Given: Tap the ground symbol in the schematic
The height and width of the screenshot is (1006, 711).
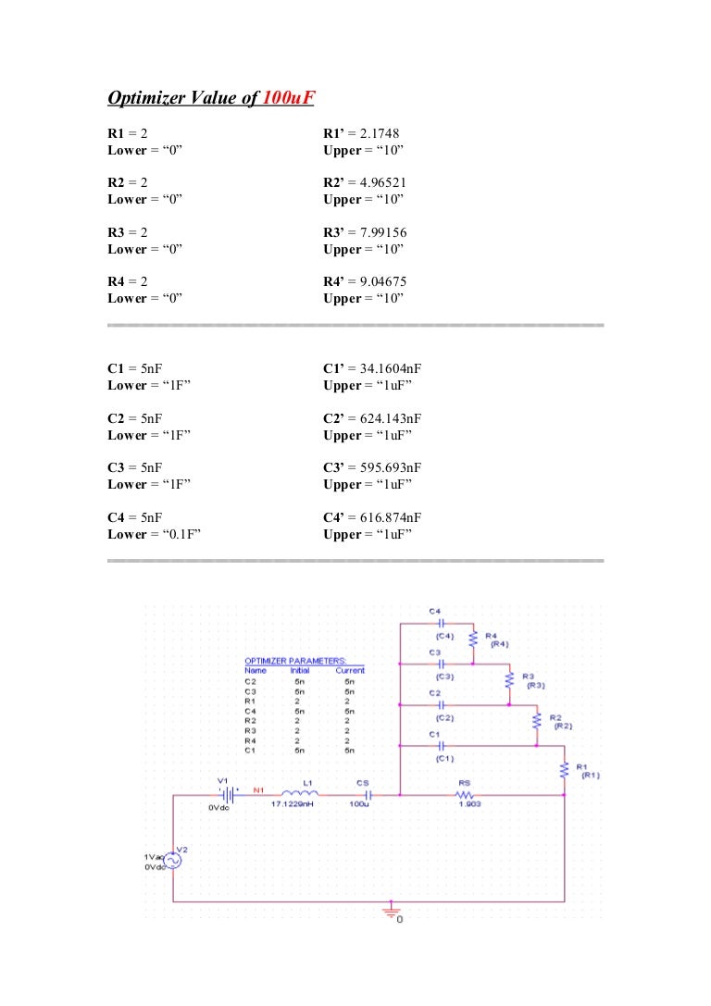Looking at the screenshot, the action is coord(392,912).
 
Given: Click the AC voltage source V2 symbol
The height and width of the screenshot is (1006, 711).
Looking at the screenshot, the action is coord(173,860).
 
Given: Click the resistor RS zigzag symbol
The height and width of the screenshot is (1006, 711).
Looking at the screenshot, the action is coord(464,794).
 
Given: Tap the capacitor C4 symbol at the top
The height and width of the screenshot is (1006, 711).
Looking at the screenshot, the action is coord(441,624).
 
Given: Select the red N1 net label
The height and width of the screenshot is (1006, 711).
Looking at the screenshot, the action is coord(258,789).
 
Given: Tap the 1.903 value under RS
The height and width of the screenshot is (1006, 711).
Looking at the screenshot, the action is coord(468,804).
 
